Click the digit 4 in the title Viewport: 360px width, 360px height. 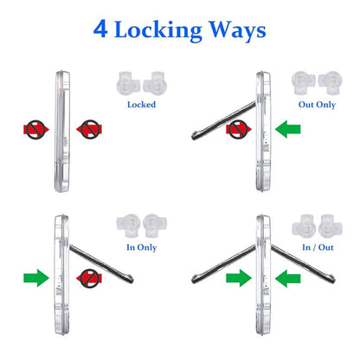click(100, 29)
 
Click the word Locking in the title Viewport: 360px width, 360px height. click(158, 30)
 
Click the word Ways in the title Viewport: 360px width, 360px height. click(237, 30)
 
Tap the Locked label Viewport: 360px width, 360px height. click(141, 105)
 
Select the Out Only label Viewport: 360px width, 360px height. click(317, 105)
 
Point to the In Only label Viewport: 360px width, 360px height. click(141, 247)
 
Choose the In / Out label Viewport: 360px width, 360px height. click(318, 247)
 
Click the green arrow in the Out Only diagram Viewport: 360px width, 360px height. click(287, 129)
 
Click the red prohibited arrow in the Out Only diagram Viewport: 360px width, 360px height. click(239, 130)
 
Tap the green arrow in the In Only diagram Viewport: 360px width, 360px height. click(36, 278)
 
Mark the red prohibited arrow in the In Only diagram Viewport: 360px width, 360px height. click(89, 279)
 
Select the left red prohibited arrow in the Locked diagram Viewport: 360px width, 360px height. click(36, 130)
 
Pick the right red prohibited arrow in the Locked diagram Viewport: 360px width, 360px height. click(89, 130)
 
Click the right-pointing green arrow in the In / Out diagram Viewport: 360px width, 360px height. click(239, 279)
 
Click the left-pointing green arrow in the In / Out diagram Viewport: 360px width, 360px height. click(287, 279)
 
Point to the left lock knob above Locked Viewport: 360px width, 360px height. click(128, 84)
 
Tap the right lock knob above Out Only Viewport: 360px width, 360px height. click(330, 83)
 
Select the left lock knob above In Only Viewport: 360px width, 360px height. click(128, 226)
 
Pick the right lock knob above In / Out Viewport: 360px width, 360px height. click(331, 226)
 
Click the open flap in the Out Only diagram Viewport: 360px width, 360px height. click(224, 120)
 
